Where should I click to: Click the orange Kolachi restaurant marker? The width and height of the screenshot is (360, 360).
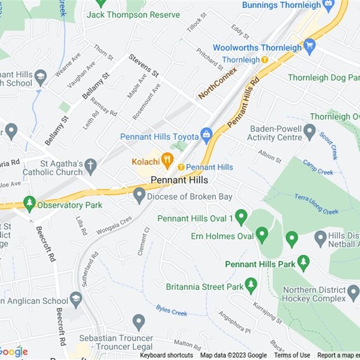[x=167, y=159]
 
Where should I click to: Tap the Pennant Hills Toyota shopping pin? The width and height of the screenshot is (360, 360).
[x=207, y=134]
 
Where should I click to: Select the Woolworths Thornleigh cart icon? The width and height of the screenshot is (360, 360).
[x=309, y=45]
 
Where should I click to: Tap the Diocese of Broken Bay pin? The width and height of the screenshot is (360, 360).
[x=139, y=194]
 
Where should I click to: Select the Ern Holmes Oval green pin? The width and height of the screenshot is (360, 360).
[x=262, y=234]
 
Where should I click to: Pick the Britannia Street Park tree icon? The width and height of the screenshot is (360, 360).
[x=251, y=284]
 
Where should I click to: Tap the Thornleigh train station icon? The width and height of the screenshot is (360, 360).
[x=265, y=59]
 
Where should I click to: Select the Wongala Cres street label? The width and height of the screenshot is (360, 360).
[x=114, y=225]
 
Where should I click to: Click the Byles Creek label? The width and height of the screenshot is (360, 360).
[x=171, y=310]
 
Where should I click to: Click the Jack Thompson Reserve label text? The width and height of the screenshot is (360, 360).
[x=133, y=15]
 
